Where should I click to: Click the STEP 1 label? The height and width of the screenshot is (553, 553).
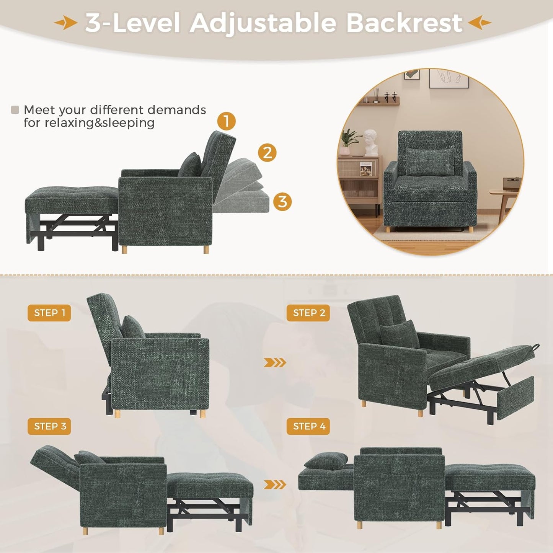tap(49, 313)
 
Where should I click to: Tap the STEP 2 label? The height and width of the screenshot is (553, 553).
tap(308, 313)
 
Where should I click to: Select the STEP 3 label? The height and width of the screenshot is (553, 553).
tap(49, 426)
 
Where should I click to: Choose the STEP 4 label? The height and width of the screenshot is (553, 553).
tap(308, 426)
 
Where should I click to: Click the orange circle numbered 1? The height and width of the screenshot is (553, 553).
tap(226, 121)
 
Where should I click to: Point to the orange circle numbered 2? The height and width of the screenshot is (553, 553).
tap(267, 153)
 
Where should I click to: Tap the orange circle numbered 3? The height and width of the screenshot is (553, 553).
tap(282, 201)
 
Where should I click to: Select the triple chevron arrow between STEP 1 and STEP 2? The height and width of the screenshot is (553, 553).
tap(275, 362)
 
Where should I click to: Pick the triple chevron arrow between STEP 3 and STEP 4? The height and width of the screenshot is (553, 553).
tap(275, 484)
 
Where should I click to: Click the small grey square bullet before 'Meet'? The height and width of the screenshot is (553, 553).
tap(15, 110)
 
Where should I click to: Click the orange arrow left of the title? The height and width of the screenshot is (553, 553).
tap(66, 23)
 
